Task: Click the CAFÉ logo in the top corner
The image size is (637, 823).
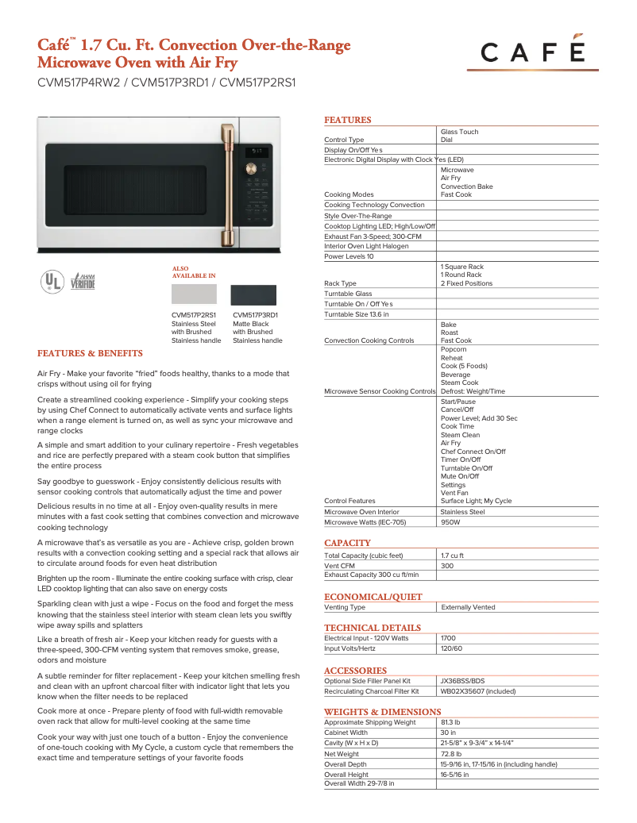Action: [x=532, y=52]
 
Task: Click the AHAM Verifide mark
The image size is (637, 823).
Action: [x=82, y=281]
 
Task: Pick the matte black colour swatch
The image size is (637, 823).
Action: [x=253, y=294]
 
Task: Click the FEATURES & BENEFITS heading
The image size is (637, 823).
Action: [x=90, y=353]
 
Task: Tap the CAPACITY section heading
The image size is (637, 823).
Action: [x=347, y=543]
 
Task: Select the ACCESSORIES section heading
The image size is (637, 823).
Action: [x=355, y=671]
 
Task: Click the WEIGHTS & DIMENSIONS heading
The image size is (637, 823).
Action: [x=382, y=712]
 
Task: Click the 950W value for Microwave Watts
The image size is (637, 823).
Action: [x=450, y=522]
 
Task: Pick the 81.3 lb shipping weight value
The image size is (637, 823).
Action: [x=450, y=722]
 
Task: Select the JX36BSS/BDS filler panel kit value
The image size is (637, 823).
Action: [x=462, y=681]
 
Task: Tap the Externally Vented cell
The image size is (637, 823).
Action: [x=468, y=607]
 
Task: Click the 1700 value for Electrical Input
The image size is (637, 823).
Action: [x=448, y=638]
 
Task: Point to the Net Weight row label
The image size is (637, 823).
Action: [x=342, y=754]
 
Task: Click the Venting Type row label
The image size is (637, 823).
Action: [x=345, y=607]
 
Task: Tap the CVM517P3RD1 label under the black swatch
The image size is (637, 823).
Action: [x=255, y=315]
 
